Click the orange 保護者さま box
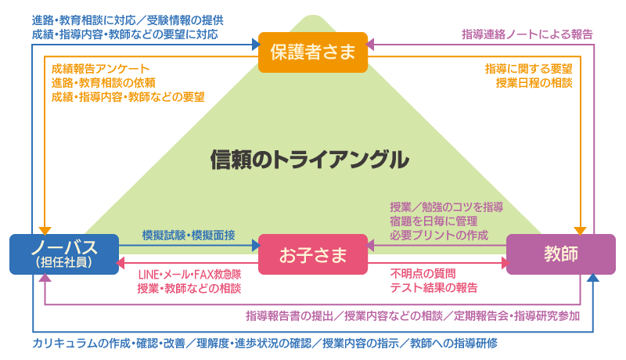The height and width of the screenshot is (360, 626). click(x=312, y=52)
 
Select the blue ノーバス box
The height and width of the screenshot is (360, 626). click(x=64, y=254)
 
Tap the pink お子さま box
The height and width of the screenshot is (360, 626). click(x=312, y=254)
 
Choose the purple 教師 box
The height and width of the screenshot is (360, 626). click(x=560, y=254)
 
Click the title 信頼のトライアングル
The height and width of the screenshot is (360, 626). click(x=310, y=160)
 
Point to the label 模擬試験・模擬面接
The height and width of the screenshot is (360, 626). click(x=189, y=235)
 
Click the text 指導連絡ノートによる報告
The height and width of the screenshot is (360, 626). click(x=527, y=34)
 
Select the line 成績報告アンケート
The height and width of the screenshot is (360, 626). click(x=100, y=69)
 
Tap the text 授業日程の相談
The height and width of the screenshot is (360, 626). click(x=534, y=83)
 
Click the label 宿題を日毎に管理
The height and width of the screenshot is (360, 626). click(x=434, y=221)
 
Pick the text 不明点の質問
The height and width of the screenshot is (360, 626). click(x=423, y=274)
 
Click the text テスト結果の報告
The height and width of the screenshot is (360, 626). click(x=434, y=288)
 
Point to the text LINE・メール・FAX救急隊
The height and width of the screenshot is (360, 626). click(x=189, y=275)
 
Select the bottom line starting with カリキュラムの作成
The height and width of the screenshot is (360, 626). click(x=264, y=344)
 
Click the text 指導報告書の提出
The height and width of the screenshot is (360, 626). click(x=290, y=316)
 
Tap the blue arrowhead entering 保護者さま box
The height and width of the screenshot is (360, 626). click(x=256, y=45)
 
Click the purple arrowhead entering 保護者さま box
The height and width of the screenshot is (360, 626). click(x=370, y=45)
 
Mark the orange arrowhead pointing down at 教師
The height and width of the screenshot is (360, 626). click(x=580, y=231)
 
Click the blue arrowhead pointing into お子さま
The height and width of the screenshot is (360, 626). click(x=256, y=246)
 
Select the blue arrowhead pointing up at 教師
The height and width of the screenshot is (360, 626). click(x=593, y=278)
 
